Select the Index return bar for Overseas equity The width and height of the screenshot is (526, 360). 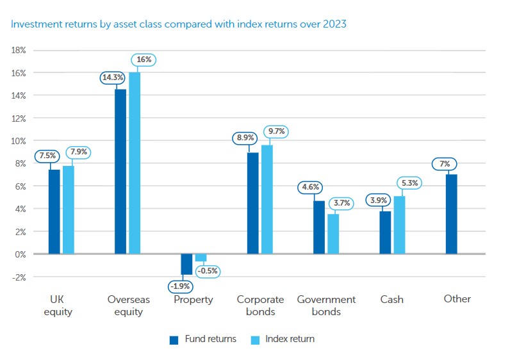[135, 163]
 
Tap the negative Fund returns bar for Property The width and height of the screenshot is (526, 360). [186, 263]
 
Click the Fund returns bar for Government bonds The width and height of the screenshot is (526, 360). [318, 227]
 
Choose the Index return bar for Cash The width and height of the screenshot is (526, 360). [399, 225]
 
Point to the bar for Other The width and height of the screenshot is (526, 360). [451, 214]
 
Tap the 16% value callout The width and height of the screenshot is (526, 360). [144, 60]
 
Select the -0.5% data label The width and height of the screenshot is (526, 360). [208, 271]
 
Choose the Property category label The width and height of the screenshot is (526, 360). [193, 299]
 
